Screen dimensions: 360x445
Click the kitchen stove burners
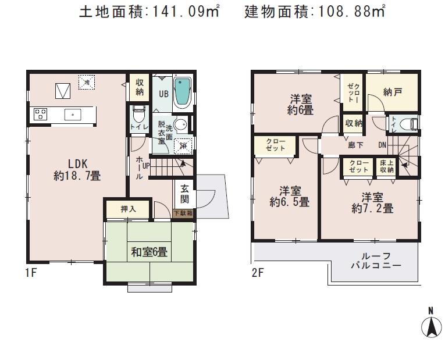tap(40, 114)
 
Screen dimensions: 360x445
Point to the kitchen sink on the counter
tap(73, 114)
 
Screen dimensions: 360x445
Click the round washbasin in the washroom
tap(181, 124)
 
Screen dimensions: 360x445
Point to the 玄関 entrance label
tap(184, 194)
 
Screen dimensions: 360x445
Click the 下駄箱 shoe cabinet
tap(184, 213)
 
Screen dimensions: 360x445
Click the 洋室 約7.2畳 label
tap(372, 202)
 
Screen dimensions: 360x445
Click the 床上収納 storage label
tap(387, 166)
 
